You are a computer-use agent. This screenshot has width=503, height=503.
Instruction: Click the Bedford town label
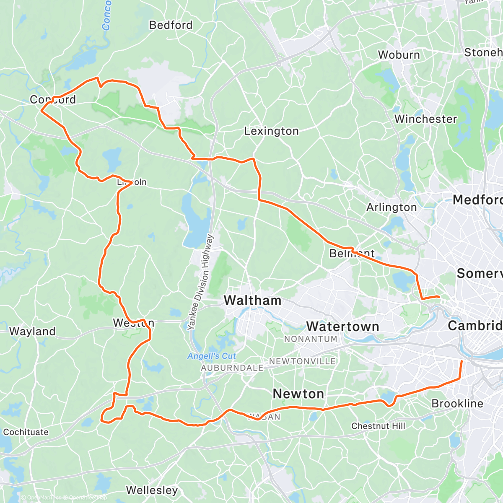pyautogui.click(x=171, y=25)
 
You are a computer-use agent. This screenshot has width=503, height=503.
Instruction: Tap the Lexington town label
pyautogui.click(x=271, y=131)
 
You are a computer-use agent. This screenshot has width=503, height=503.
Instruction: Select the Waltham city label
pyautogui.click(x=252, y=300)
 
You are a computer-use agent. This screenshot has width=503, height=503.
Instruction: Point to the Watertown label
pyautogui.click(x=342, y=327)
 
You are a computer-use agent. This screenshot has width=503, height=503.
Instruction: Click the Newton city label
pyautogui.click(x=298, y=394)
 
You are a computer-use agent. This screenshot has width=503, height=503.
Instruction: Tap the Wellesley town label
pyautogui.click(x=152, y=490)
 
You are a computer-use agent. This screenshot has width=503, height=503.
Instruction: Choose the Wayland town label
pyautogui.click(x=32, y=331)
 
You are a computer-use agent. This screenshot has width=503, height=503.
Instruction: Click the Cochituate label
pyautogui.click(x=26, y=432)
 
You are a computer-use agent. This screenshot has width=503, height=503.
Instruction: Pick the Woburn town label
pyautogui.click(x=399, y=55)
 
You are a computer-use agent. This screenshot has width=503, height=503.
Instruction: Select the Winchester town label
pyautogui.click(x=425, y=119)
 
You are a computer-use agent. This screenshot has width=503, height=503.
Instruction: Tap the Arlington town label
pyautogui.click(x=392, y=207)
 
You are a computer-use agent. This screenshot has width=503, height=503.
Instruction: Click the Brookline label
pyautogui.click(x=457, y=404)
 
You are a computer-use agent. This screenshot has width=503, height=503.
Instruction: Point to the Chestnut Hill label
pyautogui.click(x=378, y=426)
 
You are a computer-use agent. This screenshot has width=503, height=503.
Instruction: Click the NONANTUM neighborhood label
pyautogui.click(x=311, y=339)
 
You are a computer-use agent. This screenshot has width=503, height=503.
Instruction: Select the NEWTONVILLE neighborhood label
pyautogui.click(x=302, y=361)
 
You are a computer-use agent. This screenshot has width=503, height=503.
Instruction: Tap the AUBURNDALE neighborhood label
pyautogui.click(x=232, y=368)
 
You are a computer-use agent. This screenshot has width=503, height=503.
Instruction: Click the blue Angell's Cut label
pyautogui.click(x=212, y=356)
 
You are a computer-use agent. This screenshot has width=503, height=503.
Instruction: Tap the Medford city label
pyautogui.click(x=477, y=200)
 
